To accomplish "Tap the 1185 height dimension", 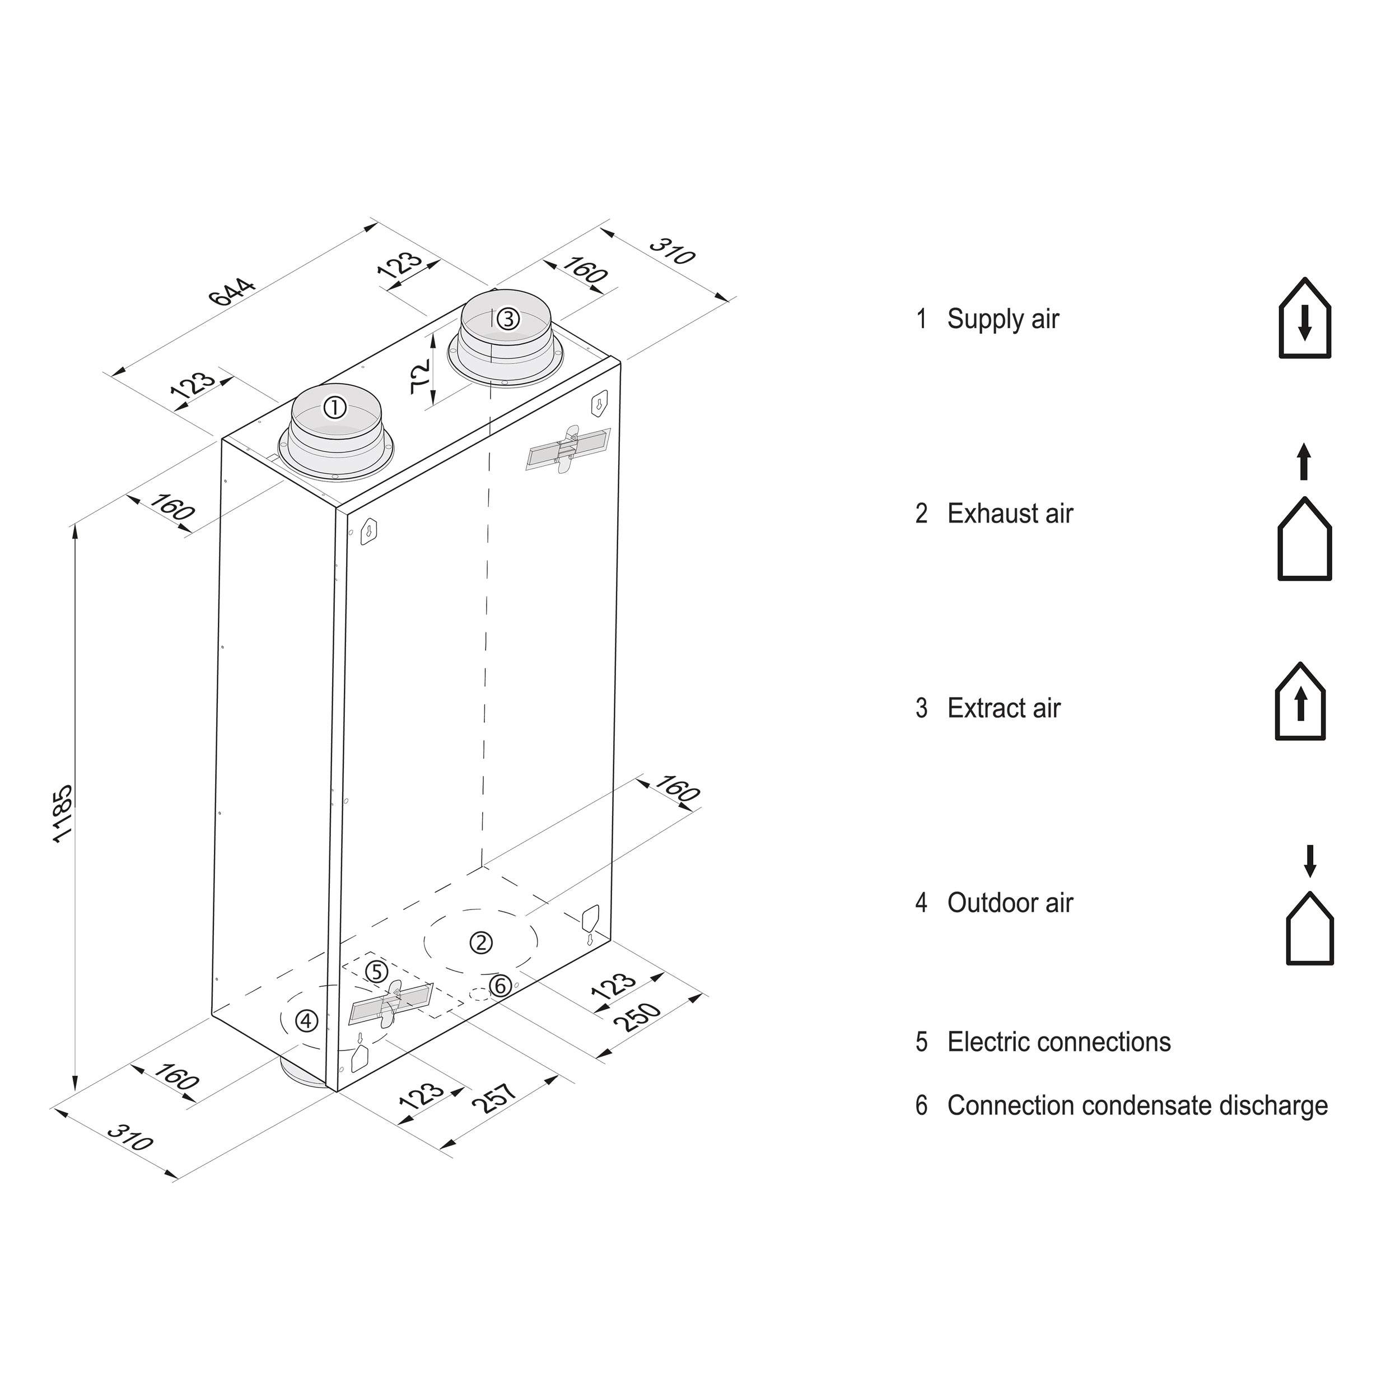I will [64, 813].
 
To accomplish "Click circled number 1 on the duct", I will [335, 408].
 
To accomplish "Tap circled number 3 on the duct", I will [508, 318].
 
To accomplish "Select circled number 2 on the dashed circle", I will [481, 942].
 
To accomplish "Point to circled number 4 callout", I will [306, 1021].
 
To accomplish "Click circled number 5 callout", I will [376, 972].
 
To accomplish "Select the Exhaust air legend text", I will [1010, 514].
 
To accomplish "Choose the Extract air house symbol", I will [1300, 702].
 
